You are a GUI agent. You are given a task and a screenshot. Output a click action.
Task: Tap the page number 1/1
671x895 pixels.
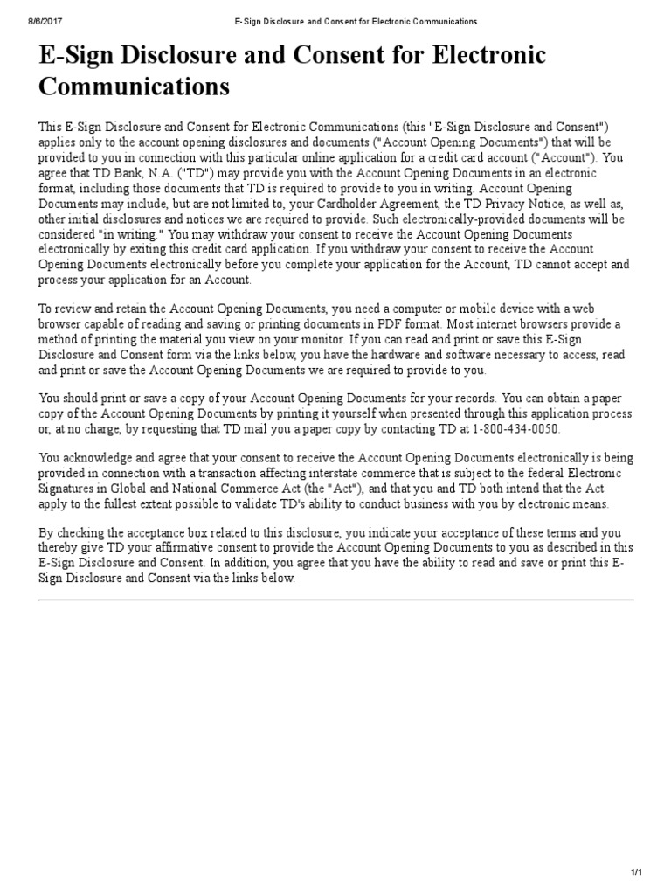636,872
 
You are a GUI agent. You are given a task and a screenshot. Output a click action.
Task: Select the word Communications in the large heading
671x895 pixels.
135,87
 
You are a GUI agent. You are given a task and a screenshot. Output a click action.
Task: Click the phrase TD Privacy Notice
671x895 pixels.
506,203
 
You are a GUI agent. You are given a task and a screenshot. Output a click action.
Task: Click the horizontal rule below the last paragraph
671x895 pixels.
335,600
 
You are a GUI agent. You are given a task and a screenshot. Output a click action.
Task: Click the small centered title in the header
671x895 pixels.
335,20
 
